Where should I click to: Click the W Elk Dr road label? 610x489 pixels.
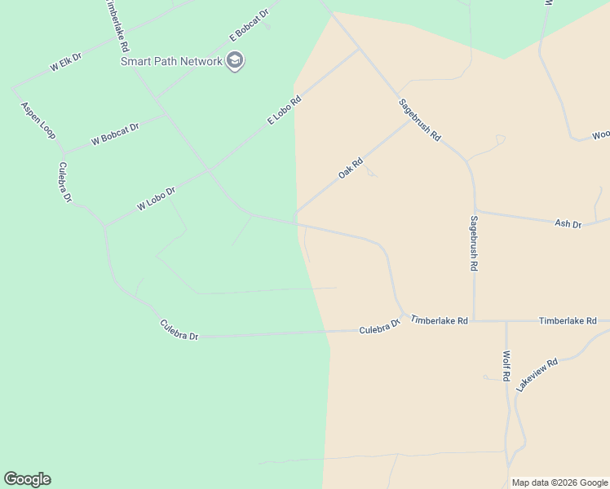[66, 63]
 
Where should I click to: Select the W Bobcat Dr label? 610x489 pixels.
[115, 134]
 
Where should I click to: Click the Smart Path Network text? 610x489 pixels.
[171, 61]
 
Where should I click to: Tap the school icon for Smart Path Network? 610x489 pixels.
[236, 61]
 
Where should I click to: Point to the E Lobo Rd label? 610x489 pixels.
[285, 110]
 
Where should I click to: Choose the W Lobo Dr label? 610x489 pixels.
[157, 199]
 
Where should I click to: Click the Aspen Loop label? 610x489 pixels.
[38, 120]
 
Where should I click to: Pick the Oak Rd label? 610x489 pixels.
[350, 169]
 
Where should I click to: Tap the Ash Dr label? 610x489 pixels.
[568, 223]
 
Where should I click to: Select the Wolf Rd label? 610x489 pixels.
[506, 366]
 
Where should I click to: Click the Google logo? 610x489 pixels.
[27, 479]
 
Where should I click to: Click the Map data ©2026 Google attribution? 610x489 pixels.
[559, 482]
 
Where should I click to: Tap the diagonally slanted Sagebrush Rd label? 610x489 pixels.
[419, 120]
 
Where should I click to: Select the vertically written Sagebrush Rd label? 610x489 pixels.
[474, 243]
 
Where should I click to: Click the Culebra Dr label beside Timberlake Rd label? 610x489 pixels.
[380, 327]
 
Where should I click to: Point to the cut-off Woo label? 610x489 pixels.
[600, 134]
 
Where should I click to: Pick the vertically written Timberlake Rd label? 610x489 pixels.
[117, 24]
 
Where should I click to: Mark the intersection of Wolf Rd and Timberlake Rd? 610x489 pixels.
[506, 321]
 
